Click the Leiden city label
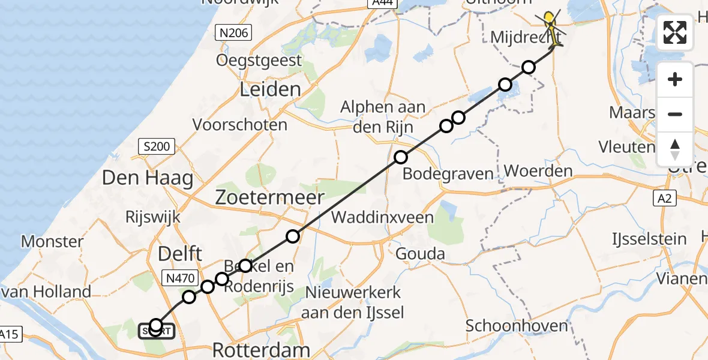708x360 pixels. tap(270, 90)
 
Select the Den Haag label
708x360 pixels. tap(148, 178)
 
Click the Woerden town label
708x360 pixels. tap(538, 171)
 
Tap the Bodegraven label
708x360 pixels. tap(448, 175)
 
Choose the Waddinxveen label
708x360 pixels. tap(382, 217)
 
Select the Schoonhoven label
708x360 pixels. tap(517, 326)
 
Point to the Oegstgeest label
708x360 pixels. tap(259, 60)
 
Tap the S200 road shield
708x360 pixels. tap(157, 146)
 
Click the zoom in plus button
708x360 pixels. tap(675, 79)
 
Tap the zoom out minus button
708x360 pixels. tap(675, 114)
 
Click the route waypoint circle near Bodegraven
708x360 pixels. tap(401, 158)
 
